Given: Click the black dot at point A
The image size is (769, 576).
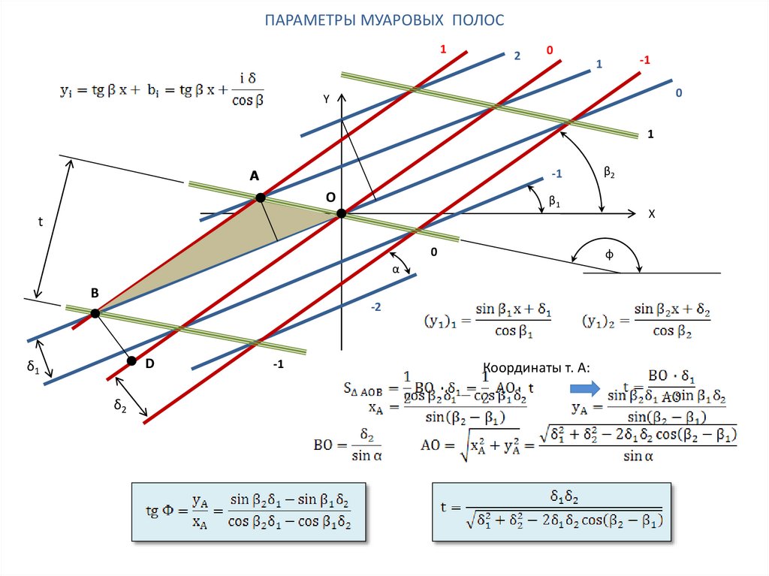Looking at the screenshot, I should click(x=260, y=198).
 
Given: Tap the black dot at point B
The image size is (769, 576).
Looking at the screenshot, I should click(x=95, y=314).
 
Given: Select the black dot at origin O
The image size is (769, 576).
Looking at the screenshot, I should click(x=341, y=213).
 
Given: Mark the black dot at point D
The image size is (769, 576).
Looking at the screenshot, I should click(x=132, y=361).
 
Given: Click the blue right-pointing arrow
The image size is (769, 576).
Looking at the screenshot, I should click(x=583, y=389).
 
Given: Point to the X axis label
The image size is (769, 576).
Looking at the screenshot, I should click(x=652, y=214).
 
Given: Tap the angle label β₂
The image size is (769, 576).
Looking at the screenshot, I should click(x=609, y=173).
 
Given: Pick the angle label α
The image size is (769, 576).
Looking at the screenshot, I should click(x=395, y=269).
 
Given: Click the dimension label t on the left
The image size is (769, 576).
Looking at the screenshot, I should click(x=41, y=222).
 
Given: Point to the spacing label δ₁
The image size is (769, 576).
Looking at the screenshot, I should click(x=32, y=366).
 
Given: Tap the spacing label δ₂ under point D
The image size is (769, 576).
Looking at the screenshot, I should click(x=119, y=405).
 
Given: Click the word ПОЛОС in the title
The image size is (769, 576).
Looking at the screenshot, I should click(x=478, y=20).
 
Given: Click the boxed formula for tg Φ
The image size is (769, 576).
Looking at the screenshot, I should click(x=249, y=511).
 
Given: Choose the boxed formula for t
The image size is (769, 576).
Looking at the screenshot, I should click(x=552, y=511).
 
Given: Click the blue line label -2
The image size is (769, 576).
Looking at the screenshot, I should click(x=375, y=308).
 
